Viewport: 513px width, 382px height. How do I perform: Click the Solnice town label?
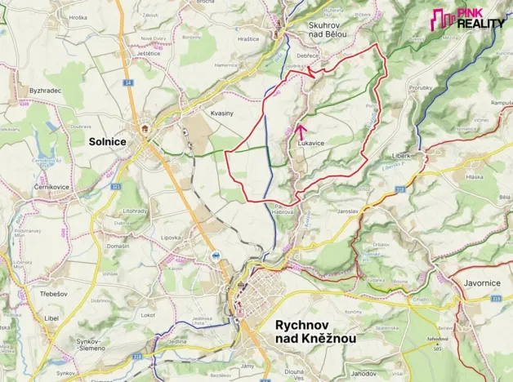click(107, 141)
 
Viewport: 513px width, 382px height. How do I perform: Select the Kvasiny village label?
click(222, 113)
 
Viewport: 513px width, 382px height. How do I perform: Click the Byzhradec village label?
click(45, 90)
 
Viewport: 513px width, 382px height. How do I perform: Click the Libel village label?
click(51, 317)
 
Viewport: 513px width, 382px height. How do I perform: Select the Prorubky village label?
click(421, 87)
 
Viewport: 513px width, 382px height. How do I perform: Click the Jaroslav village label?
click(347, 211)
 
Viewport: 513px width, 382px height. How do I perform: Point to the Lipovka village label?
click(170, 238)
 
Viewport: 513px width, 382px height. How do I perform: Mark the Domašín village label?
click(117, 246)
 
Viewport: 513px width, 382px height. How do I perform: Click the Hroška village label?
click(78, 17)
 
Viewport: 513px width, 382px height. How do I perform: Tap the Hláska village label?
click(474, 176)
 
